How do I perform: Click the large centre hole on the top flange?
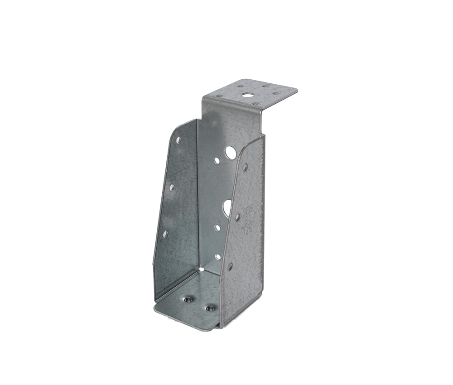[247, 95]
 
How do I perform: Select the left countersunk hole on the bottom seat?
[188, 299]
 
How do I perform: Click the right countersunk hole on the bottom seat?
[210, 308]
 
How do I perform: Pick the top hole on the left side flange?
[178, 140]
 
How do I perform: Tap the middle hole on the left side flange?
[172, 187]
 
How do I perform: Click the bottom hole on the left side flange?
[165, 234]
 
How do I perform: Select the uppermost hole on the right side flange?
[245, 167]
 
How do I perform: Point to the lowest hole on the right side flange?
[230, 266]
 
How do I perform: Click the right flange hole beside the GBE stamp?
[237, 217]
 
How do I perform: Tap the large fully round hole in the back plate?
[231, 153]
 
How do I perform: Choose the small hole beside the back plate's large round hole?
[217, 160]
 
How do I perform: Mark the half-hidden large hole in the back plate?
[227, 207]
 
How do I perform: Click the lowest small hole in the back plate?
[218, 256]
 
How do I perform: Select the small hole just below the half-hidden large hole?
[217, 228]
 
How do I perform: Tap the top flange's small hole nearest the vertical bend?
[219, 96]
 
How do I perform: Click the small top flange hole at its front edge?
[255, 104]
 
